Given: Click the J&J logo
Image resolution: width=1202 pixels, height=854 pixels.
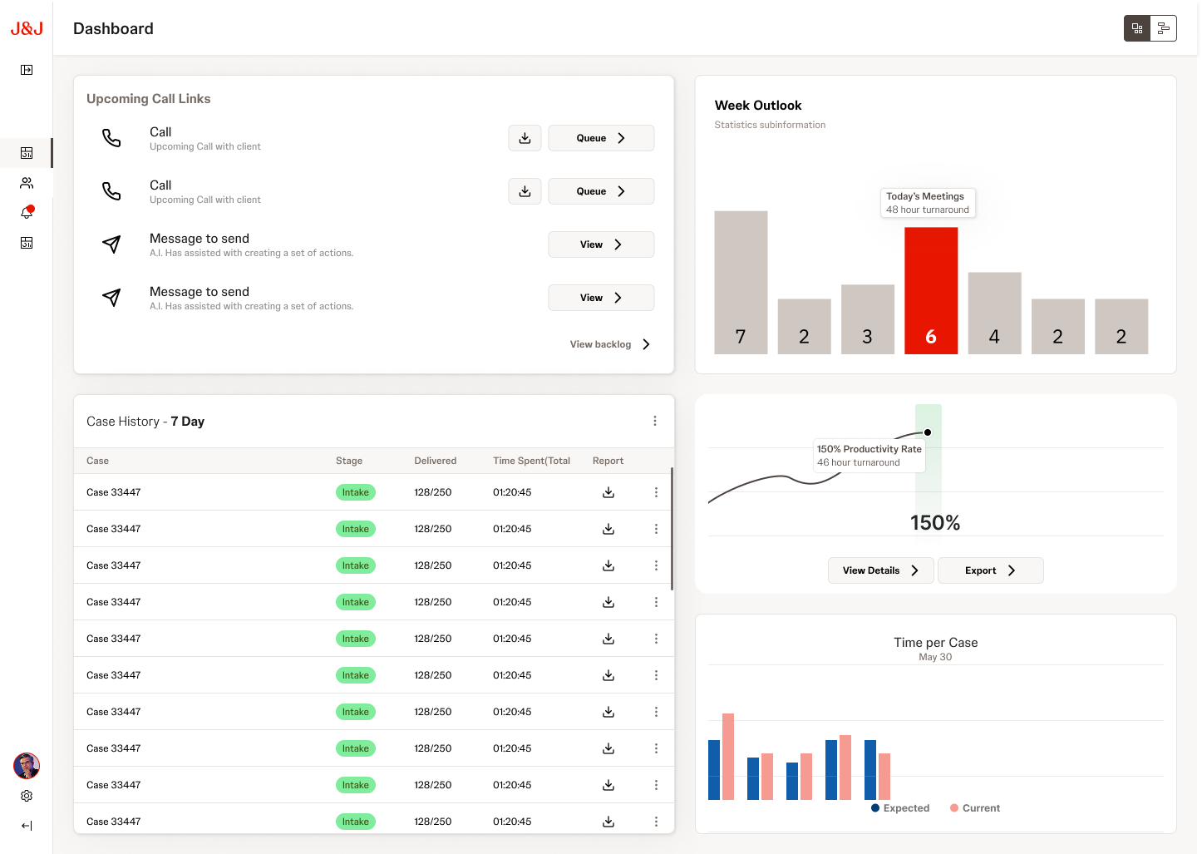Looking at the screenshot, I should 27,28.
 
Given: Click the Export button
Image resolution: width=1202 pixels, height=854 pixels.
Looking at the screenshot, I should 990,570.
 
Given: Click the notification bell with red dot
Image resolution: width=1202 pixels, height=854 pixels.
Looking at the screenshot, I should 27,213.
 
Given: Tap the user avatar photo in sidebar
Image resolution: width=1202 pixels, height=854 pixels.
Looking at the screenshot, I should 27,765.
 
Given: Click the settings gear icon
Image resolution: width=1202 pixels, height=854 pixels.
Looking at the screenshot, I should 27,796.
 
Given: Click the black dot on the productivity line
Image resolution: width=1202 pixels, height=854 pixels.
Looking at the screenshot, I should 928,432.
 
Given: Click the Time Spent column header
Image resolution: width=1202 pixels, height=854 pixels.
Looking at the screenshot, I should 531,461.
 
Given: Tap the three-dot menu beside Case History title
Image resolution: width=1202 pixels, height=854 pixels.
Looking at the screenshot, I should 655,422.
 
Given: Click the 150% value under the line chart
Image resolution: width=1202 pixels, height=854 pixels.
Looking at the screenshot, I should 935,523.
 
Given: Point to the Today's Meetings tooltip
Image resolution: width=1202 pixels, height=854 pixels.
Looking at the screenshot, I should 927,203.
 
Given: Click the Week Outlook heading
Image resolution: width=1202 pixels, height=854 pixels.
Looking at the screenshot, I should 758,106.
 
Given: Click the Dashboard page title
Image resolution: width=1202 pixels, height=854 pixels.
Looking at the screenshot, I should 113,29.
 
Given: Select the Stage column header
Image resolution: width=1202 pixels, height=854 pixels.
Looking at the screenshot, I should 349,461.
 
